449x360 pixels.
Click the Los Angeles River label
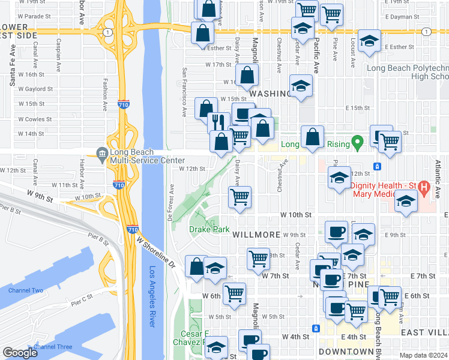152,296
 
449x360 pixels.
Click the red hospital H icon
424,188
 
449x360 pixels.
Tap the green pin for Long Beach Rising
358,143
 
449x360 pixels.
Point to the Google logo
20,352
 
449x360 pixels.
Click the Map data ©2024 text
423,355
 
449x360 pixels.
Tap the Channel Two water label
26,290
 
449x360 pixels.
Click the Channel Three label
53,347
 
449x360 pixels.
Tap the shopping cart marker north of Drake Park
240,196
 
